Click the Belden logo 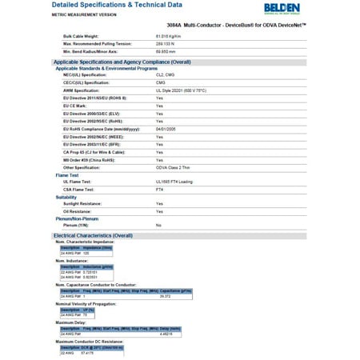330,10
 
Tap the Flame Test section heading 67,175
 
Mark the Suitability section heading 66,196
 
